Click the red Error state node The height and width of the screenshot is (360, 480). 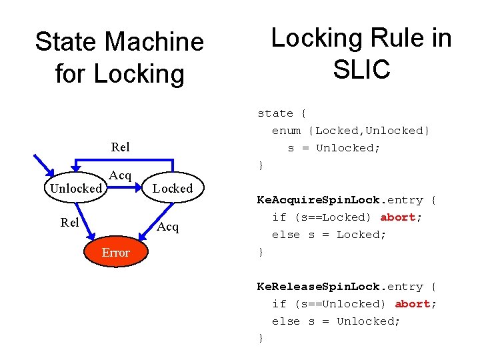pos(115,253)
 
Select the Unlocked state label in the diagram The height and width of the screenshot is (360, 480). pos(75,189)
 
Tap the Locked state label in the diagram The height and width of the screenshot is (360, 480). pos(172,189)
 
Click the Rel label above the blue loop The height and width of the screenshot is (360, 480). pos(121,147)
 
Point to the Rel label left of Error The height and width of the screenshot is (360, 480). pos(69,223)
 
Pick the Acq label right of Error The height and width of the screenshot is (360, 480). pos(168,227)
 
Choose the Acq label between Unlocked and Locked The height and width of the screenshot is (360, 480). pos(120,175)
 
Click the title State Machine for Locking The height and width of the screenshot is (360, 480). pos(119,57)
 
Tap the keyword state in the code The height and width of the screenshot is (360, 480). pos(275,113)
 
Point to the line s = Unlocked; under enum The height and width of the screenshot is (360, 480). pos(333,148)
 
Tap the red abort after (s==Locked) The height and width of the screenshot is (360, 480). pos(398,217)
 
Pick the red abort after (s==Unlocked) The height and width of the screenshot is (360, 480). pos(413,304)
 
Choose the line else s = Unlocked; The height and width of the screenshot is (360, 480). pos(335,321)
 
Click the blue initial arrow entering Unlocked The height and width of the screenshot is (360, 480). pos(47,167)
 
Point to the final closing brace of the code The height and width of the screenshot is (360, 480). pos(261,339)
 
